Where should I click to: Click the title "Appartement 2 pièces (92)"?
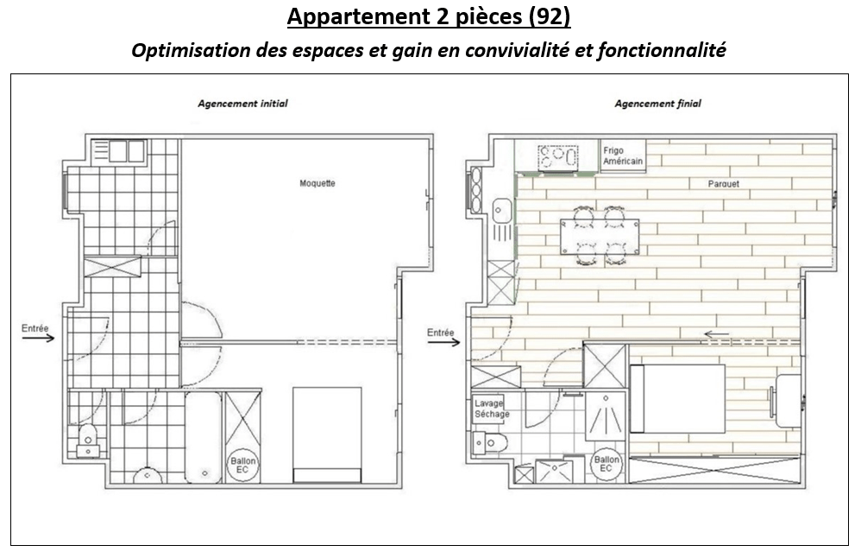point(428,17)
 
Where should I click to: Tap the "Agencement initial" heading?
point(242,104)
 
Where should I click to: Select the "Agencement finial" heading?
point(658,104)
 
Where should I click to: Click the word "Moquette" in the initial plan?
point(317,183)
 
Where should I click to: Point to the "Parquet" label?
point(724,184)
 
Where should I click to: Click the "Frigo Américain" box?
point(623,156)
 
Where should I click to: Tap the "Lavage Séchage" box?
point(487,409)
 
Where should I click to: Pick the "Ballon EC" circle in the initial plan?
point(242,466)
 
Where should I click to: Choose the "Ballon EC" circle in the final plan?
point(606,464)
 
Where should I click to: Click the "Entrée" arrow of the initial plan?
point(39,338)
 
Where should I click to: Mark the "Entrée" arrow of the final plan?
point(443,342)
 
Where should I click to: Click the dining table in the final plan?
point(600,237)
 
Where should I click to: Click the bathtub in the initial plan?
point(203,437)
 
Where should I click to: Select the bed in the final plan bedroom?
point(677,398)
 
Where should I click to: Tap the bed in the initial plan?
point(327,434)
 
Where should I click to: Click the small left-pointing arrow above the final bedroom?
point(717,333)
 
